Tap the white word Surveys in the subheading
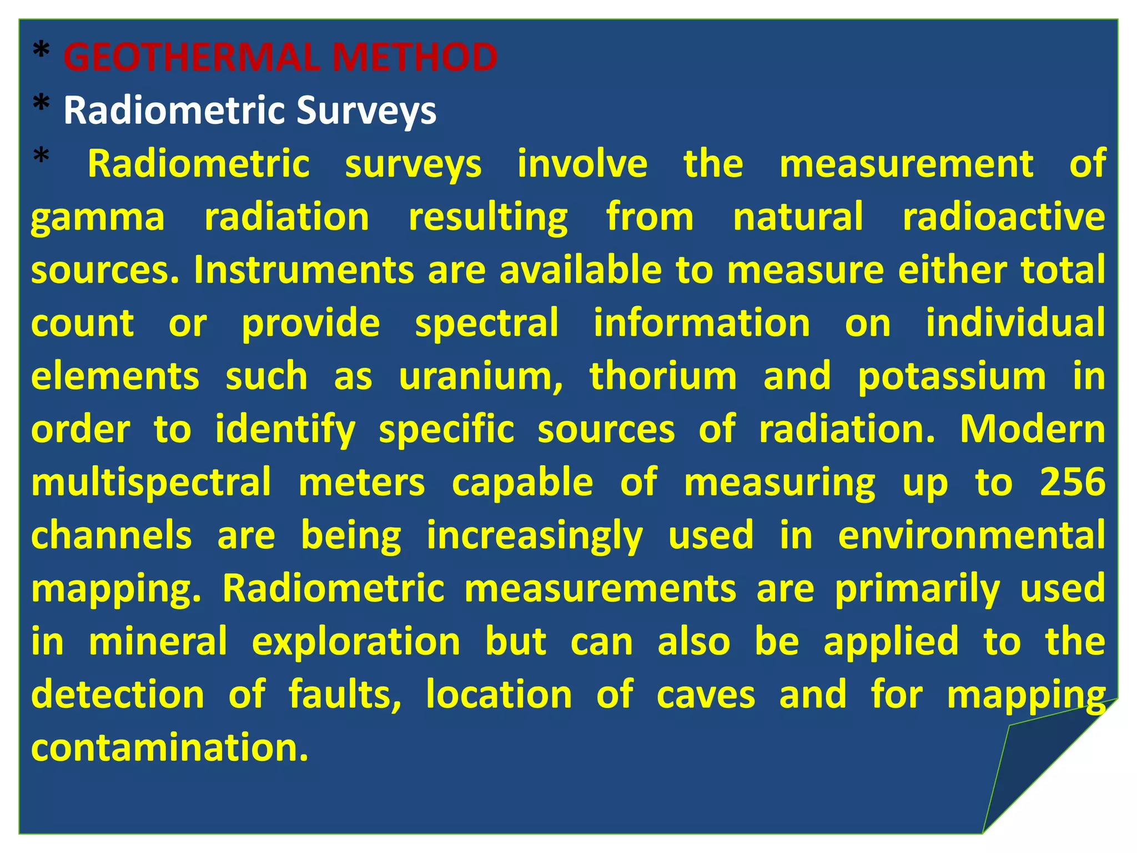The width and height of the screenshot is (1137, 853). (366, 110)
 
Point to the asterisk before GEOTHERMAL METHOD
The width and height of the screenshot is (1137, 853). (41, 53)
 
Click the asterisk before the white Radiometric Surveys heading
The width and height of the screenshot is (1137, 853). (41, 106)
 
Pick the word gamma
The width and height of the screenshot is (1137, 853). (98, 217)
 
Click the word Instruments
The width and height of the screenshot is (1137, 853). (304, 270)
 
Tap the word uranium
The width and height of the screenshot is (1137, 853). (481, 377)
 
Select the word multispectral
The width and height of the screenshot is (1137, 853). (151, 483)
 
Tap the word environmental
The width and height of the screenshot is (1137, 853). (972, 535)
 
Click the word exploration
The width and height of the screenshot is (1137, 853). (356, 642)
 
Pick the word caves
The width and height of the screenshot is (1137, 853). (706, 695)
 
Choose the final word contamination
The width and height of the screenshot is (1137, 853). (169, 747)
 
